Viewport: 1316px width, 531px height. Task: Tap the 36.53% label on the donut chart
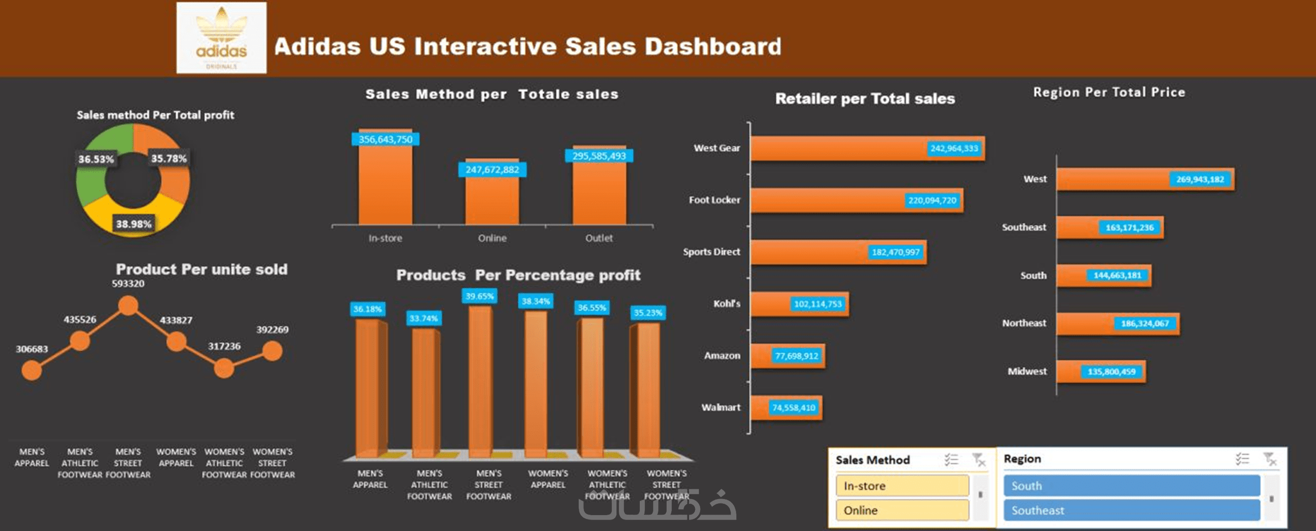pyautogui.click(x=96, y=159)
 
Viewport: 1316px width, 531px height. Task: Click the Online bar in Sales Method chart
pyautogui.click(x=492, y=197)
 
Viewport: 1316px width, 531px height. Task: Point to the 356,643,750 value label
pyautogui.click(x=386, y=140)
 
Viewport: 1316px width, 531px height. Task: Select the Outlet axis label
pyautogui.click(x=599, y=238)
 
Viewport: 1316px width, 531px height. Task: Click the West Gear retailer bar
pyautogui.click(x=867, y=148)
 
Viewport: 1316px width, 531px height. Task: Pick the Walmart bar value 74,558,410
pyautogui.click(x=794, y=408)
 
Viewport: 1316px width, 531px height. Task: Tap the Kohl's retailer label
pyautogui.click(x=726, y=304)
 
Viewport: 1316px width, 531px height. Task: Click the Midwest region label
pyautogui.click(x=1027, y=372)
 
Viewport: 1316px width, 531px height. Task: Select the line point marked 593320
pyautogui.click(x=129, y=305)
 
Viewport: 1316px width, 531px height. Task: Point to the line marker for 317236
pyautogui.click(x=224, y=368)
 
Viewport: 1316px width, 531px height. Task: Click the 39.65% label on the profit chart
pyautogui.click(x=480, y=296)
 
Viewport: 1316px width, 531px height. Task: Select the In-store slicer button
pyautogui.click(x=902, y=486)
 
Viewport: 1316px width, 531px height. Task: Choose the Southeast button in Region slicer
pyautogui.click(x=1131, y=510)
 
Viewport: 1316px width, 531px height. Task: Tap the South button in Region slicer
pyautogui.click(x=1131, y=486)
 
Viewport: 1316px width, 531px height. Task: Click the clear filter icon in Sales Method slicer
pyautogui.click(x=979, y=460)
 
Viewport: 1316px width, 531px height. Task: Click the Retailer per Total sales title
pyautogui.click(x=865, y=99)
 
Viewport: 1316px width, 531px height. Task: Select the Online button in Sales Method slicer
pyautogui.click(x=902, y=510)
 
